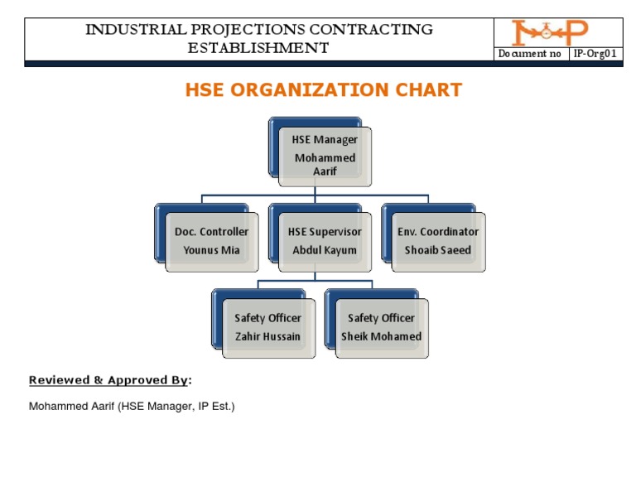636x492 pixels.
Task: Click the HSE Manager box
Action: click(325, 156)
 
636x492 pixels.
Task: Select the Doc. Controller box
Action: click(211, 241)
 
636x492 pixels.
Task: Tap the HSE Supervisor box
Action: click(325, 241)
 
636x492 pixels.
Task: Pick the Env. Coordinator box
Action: click(438, 241)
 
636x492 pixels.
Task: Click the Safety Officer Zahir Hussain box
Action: click(267, 327)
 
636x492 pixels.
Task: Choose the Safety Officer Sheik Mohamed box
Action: click(381, 327)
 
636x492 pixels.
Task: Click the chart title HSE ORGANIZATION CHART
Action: click(323, 90)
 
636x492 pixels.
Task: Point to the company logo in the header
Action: click(549, 33)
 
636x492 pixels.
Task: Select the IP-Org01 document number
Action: click(595, 55)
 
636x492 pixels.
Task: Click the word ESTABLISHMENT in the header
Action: click(258, 48)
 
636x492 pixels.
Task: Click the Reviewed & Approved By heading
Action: click(109, 380)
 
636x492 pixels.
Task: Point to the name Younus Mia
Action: click(211, 250)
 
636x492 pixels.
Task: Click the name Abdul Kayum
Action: click(325, 250)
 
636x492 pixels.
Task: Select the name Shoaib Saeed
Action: click(438, 250)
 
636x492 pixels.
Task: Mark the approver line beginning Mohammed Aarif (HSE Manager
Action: click(132, 406)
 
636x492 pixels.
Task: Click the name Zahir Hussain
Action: click(267, 336)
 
